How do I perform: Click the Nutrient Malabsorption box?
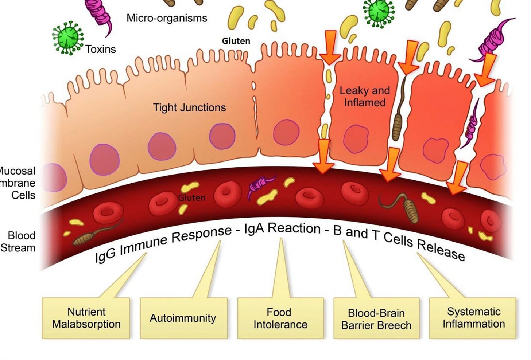pos(86,318)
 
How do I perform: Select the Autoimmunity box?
pos(183,318)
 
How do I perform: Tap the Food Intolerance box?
pos(280,318)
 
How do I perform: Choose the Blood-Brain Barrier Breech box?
pos(376,319)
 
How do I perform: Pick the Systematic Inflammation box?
pos(473,318)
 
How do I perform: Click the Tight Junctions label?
pos(189,107)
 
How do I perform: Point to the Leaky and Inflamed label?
pos(365,96)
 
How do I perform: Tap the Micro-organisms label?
pos(167,18)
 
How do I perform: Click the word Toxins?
pos(101,49)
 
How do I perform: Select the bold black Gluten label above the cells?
pos(236,41)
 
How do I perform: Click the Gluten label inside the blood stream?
pos(192,198)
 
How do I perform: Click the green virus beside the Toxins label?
pos(67,38)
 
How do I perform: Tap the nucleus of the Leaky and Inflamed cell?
pos(356,139)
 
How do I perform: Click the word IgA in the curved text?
pos(255,229)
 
